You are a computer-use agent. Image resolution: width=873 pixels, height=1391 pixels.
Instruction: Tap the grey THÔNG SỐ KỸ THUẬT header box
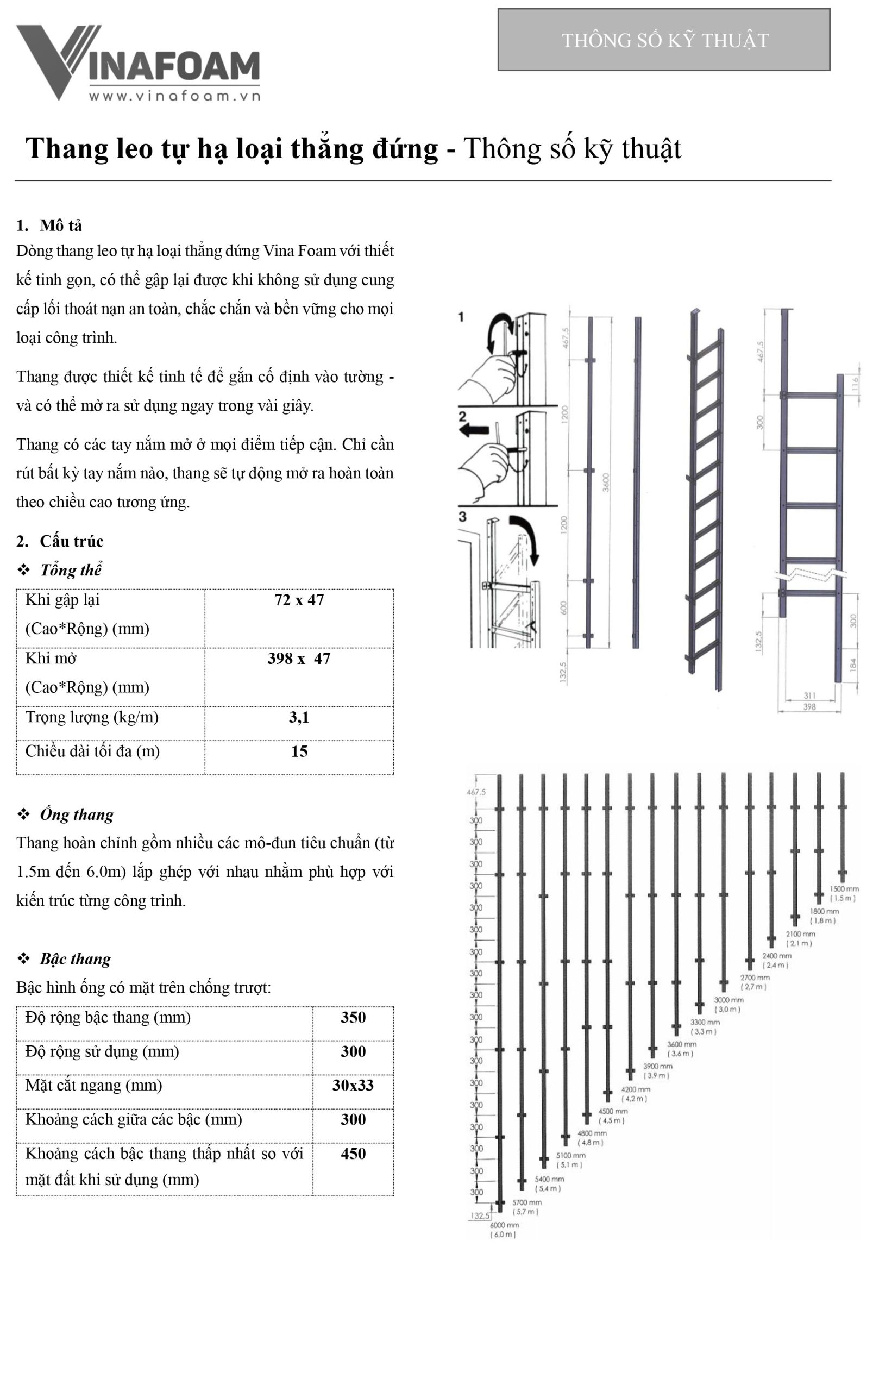pyautogui.click(x=664, y=40)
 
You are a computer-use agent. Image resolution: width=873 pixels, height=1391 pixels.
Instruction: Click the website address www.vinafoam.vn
pyautogui.click(x=174, y=96)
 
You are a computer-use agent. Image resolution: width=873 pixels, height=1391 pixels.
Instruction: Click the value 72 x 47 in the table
pyautogui.click(x=299, y=600)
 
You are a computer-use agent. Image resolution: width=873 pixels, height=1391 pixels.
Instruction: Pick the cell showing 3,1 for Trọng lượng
pyautogui.click(x=299, y=718)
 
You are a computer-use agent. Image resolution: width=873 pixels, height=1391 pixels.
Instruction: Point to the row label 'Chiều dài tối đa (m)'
pyautogui.click(x=92, y=751)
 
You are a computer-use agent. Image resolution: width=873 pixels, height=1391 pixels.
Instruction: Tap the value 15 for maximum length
pyautogui.click(x=299, y=752)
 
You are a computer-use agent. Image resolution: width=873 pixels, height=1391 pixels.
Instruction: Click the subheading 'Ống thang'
pyautogui.click(x=76, y=814)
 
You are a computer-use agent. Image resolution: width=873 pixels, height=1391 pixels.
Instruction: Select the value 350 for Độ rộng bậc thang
pyautogui.click(x=353, y=1017)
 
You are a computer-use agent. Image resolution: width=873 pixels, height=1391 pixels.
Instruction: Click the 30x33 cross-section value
pyautogui.click(x=353, y=1086)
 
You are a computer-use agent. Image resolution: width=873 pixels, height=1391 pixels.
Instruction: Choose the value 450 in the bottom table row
pyautogui.click(x=353, y=1154)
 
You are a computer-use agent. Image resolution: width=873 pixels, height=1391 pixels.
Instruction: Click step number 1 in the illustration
pyautogui.click(x=461, y=317)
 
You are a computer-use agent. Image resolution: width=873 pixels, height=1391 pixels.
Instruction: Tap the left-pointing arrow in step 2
pyautogui.click(x=474, y=430)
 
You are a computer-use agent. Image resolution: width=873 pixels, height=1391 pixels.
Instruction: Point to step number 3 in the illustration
pyautogui.click(x=462, y=517)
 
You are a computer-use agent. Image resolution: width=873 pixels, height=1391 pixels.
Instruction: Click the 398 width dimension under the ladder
pyautogui.click(x=809, y=707)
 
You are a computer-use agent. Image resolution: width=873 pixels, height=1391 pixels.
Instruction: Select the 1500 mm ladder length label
pyautogui.click(x=844, y=889)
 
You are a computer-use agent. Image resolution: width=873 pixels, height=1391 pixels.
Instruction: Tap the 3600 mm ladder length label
pyautogui.click(x=681, y=1044)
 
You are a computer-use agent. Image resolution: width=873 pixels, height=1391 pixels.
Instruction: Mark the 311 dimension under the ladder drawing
pyautogui.click(x=809, y=696)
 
